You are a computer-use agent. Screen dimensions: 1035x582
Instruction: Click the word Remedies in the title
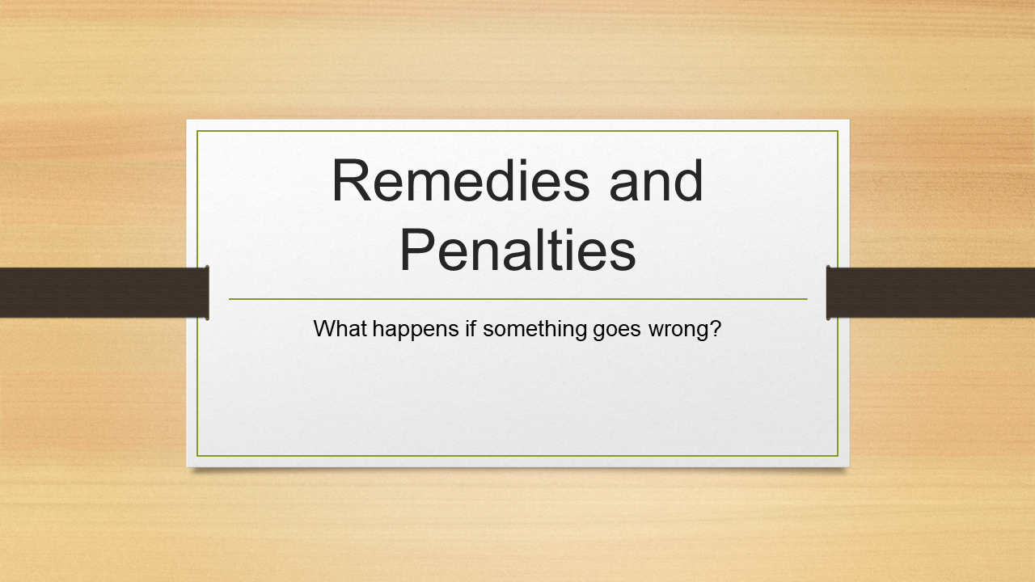461,180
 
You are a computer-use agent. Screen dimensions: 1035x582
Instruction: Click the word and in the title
656,180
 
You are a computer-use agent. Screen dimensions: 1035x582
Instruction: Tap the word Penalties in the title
517,250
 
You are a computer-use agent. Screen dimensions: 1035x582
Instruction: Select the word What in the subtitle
340,328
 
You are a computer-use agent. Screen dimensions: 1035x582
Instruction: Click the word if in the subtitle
471,328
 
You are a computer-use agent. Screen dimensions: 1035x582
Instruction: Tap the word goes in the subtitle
617,331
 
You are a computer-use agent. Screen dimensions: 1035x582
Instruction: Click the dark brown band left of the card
104,293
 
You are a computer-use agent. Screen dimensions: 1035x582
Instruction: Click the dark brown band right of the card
931,293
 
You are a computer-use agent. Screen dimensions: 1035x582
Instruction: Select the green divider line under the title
518,299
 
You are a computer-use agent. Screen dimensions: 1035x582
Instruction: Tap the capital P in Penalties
417,250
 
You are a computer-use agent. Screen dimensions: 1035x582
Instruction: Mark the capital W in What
325,328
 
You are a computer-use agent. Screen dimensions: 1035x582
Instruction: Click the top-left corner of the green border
197,131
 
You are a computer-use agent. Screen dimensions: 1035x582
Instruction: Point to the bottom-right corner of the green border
838,456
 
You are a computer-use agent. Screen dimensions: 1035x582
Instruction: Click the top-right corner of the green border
838,131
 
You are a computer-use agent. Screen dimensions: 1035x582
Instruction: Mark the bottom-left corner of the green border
197,456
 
